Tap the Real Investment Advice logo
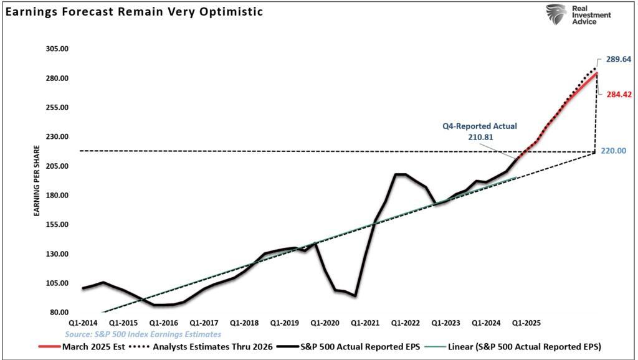tap(578, 14)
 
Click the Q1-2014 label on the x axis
tap(83, 323)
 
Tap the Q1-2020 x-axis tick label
tap(325, 323)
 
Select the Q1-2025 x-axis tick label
tap(526, 323)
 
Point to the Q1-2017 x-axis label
tap(204, 323)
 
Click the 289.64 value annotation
tap(619, 60)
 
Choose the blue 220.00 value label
tap(614, 151)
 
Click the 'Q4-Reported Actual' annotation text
tap(480, 126)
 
